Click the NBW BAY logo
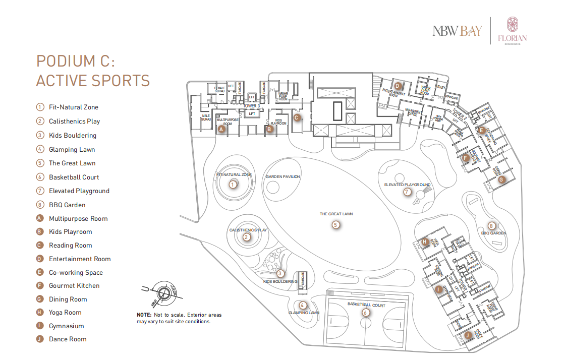(x=457, y=31)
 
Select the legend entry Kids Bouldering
(x=73, y=135)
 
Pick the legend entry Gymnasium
(x=67, y=326)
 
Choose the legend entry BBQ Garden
(x=67, y=205)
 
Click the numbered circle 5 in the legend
(x=40, y=163)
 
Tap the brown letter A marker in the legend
(x=40, y=218)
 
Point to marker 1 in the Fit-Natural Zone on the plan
(x=233, y=185)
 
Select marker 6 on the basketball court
(x=366, y=312)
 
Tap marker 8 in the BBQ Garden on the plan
(x=491, y=225)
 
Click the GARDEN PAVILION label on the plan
(x=283, y=176)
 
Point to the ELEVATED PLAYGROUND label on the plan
(x=407, y=185)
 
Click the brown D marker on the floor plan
(x=398, y=86)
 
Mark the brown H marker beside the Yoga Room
(x=425, y=242)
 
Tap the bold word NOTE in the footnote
(x=144, y=315)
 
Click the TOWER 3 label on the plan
(x=252, y=106)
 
